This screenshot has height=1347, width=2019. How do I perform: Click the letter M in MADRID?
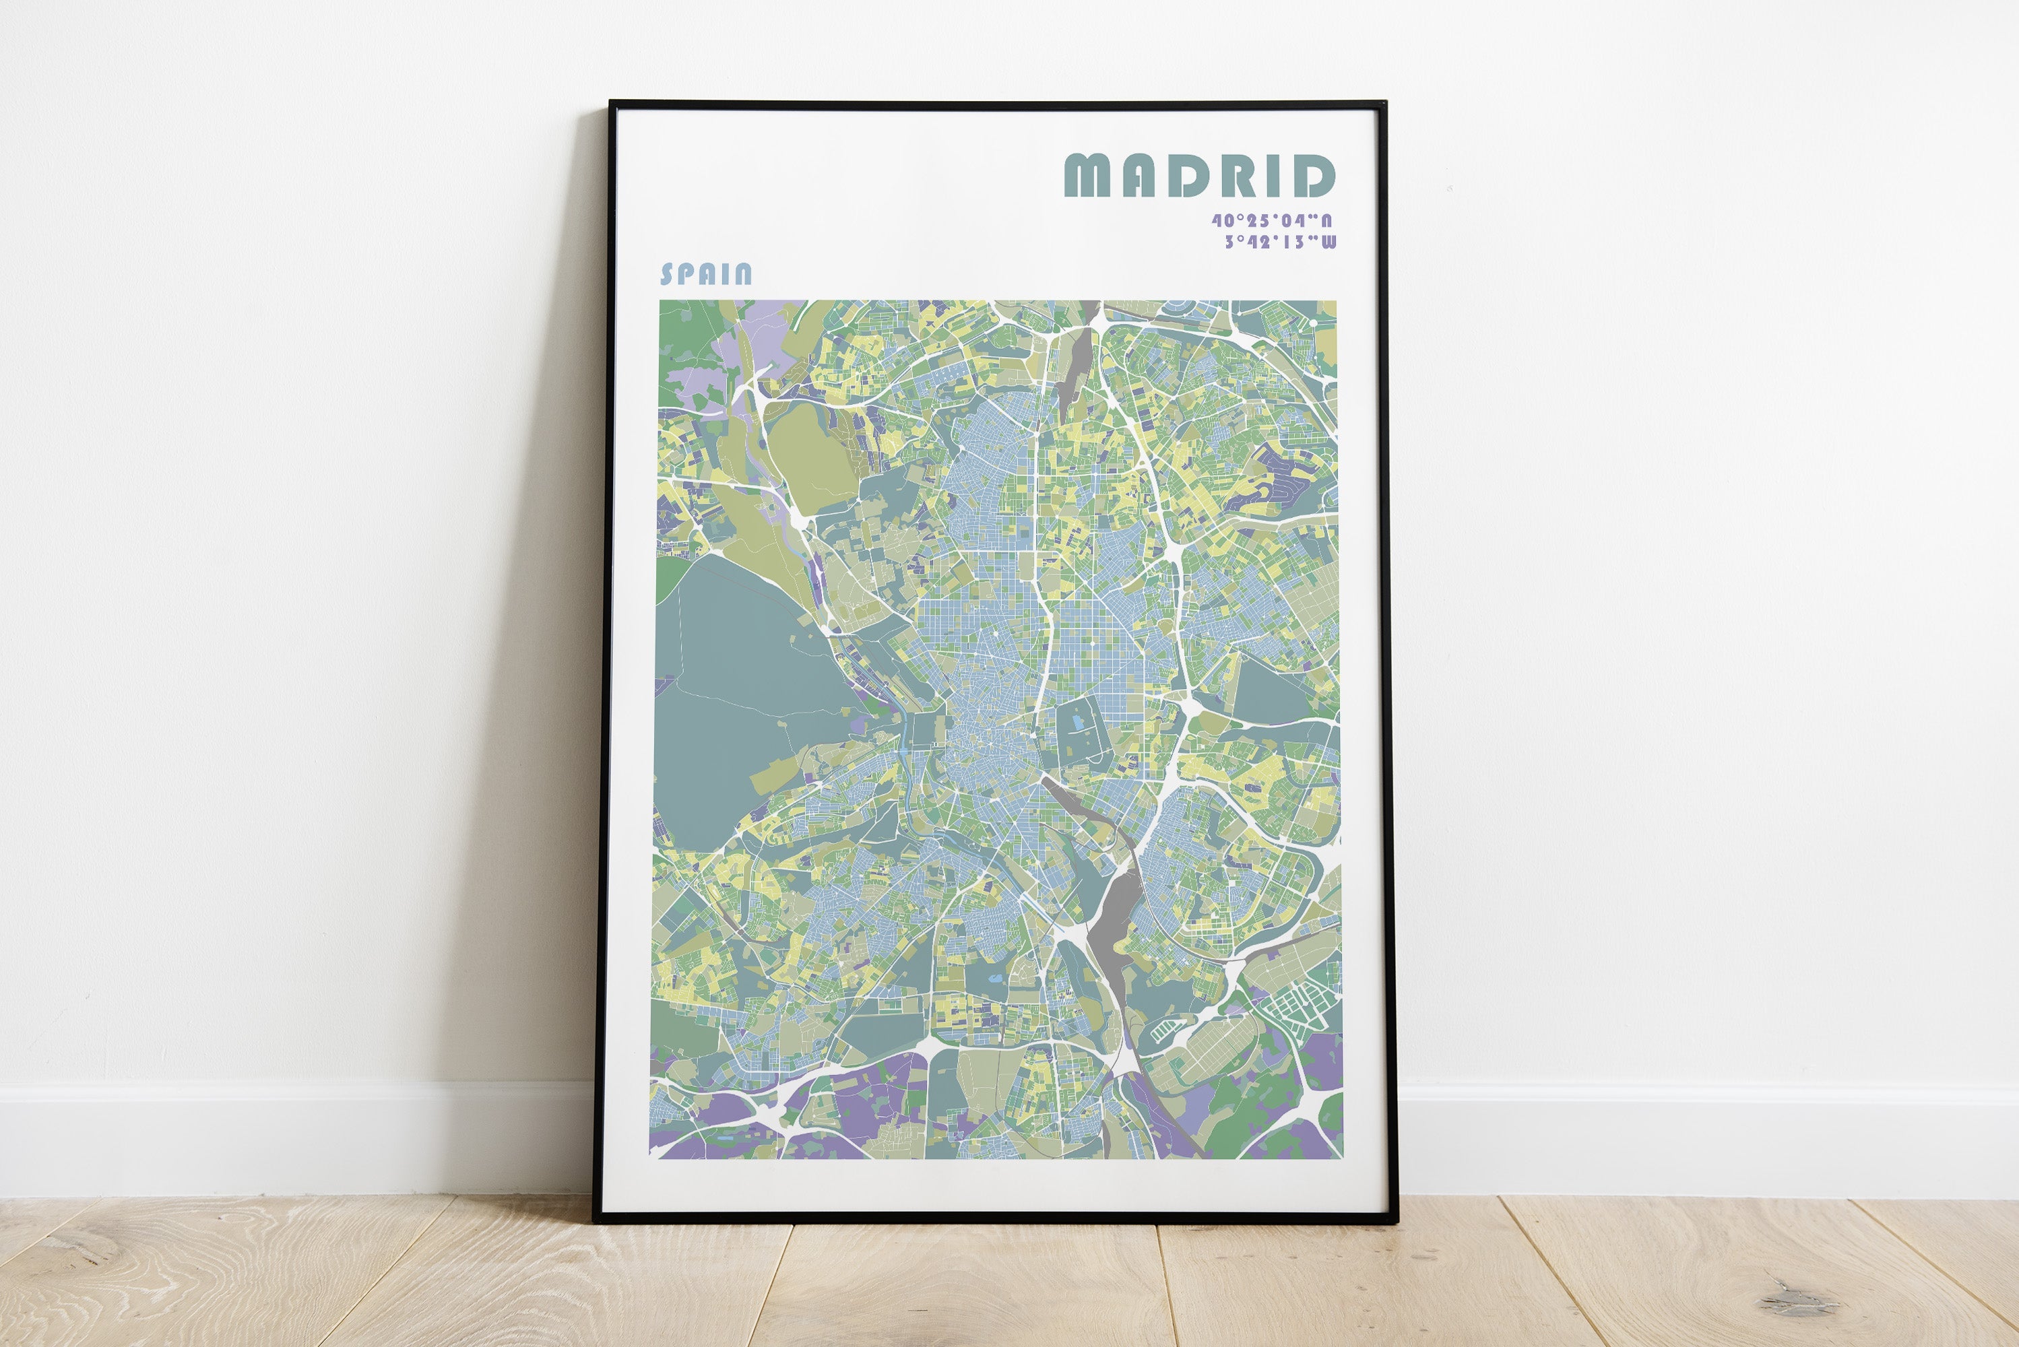point(1089,176)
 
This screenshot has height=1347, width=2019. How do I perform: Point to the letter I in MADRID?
point(1274,176)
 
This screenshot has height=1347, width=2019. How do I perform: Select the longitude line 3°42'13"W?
point(1280,242)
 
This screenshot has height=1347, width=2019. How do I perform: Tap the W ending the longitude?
point(1328,242)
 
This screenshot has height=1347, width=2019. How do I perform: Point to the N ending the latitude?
point(1326,221)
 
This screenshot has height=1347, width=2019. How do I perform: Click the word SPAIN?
point(705,274)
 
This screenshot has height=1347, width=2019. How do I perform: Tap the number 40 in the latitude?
point(1221,221)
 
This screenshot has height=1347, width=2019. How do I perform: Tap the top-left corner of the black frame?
point(611,103)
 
